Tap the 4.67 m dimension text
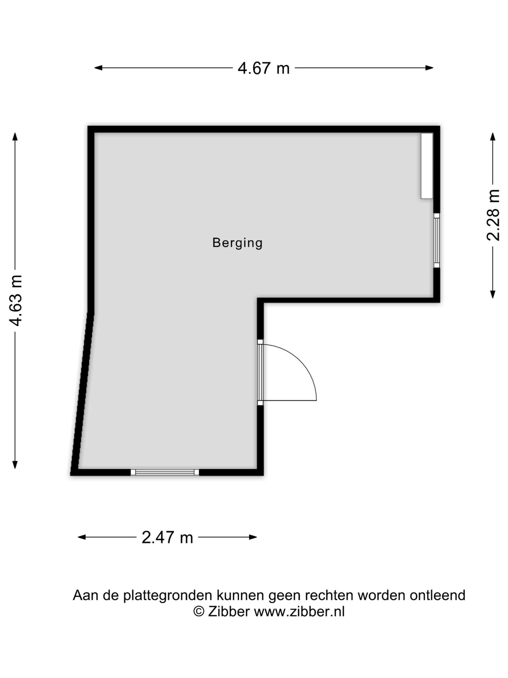coord(263,68)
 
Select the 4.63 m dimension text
coord(15,300)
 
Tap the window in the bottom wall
coord(165,472)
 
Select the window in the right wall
coord(437,240)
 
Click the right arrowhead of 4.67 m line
coord(429,68)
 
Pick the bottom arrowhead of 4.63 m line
coord(15,465)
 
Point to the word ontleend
coord(438,595)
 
